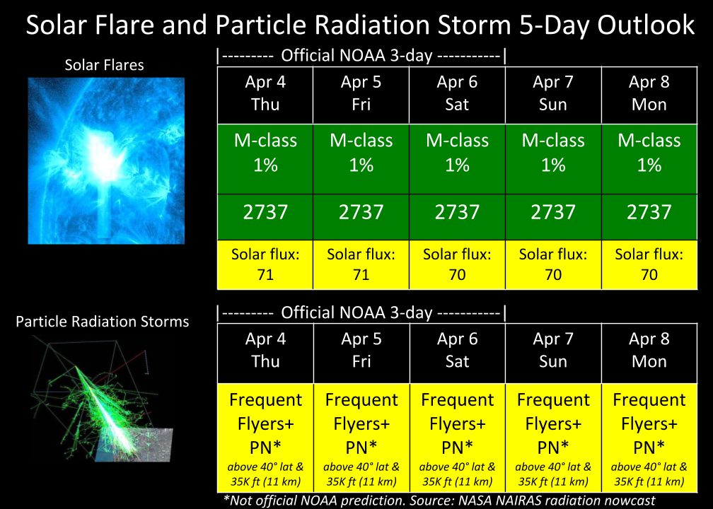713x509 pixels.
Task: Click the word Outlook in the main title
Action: click(x=646, y=25)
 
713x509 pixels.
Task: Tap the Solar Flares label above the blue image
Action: click(x=104, y=65)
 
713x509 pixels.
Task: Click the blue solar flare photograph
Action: click(x=106, y=161)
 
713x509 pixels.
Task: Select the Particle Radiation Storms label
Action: click(x=103, y=322)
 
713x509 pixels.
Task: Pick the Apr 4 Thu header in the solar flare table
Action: click(x=265, y=95)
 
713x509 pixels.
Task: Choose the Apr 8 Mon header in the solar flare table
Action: click(x=649, y=95)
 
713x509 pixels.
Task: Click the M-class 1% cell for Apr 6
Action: click(x=457, y=159)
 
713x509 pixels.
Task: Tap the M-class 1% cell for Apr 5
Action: click(x=361, y=159)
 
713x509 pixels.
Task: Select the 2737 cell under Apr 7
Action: click(x=553, y=217)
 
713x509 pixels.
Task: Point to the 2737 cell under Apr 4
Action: click(x=265, y=217)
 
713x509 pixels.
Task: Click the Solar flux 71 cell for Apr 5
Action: click(x=361, y=264)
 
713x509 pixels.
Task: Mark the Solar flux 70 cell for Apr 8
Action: click(x=649, y=264)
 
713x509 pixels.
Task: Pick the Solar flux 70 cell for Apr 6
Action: click(x=457, y=264)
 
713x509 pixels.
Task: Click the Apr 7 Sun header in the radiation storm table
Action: click(x=553, y=353)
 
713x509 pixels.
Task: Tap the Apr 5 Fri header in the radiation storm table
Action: click(x=361, y=353)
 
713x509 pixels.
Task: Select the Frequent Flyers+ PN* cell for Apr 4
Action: click(x=265, y=438)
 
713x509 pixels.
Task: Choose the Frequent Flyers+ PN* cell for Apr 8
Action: click(x=649, y=438)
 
